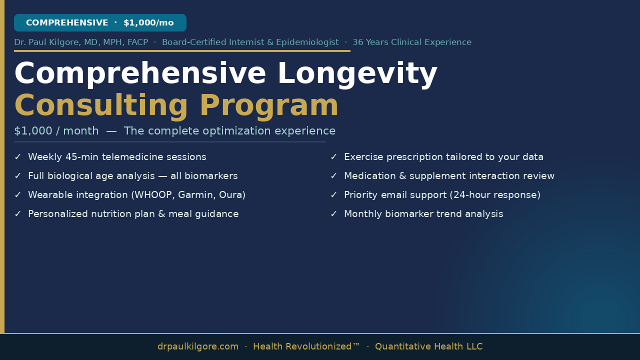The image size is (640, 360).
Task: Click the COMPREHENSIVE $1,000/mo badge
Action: coord(100,22)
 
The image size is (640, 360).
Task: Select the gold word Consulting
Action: coord(101,106)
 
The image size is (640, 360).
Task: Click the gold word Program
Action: coord(269,106)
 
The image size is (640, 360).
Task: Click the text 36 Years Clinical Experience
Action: coord(412,42)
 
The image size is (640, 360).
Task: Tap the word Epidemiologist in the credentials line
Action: coord(307,42)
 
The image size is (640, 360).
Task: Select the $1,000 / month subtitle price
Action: coord(56,131)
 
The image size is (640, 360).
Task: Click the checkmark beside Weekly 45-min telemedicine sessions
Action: coord(17,157)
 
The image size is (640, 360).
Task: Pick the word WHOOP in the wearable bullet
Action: coord(153,195)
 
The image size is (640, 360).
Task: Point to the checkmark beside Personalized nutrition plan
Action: coord(17,213)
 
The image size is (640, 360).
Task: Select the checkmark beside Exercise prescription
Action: coord(333,157)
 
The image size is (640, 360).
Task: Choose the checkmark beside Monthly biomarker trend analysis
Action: coord(333,213)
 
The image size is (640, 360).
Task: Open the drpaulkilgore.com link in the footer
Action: coord(197,346)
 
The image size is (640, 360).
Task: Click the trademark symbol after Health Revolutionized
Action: coord(356,344)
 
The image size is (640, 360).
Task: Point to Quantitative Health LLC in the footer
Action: coord(429,346)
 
